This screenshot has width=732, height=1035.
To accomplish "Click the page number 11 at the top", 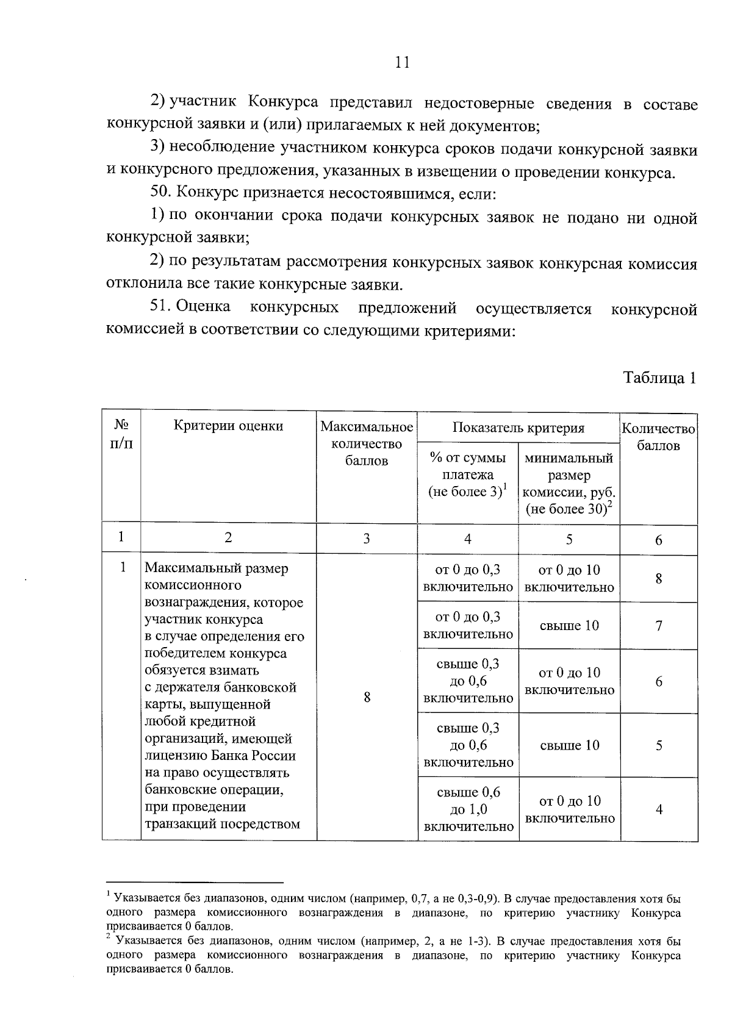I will point(402,62).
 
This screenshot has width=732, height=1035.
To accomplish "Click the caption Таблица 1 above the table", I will point(659,378).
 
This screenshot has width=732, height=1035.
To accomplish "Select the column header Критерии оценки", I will point(228,426).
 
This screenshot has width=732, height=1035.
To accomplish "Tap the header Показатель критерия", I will point(518,428).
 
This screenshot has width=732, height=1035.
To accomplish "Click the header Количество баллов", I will point(658,437).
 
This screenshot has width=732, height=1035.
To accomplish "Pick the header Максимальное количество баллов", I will point(367,443).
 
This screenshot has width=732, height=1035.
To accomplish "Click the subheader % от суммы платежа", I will point(468,475).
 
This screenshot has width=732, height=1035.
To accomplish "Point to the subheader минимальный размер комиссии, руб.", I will point(569,484).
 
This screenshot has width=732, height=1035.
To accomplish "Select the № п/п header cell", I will point(121,434).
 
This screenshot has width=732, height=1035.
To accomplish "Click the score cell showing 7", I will point(659,626).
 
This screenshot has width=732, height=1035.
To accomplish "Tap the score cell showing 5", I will point(659,745).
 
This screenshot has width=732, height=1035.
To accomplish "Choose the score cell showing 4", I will point(659,810).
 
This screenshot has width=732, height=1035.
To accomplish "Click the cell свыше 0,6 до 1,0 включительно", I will point(468,809).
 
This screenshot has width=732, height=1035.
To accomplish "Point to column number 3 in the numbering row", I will point(367,539).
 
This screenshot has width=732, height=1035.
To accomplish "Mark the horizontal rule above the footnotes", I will point(195,882).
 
